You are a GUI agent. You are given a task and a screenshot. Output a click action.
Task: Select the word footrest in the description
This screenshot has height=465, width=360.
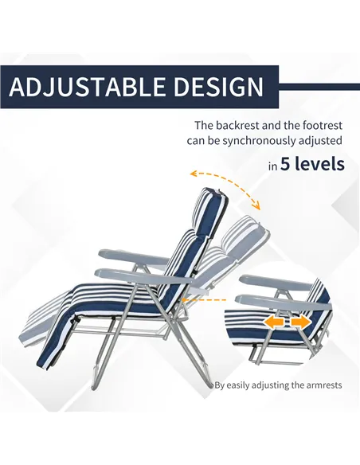(321, 126)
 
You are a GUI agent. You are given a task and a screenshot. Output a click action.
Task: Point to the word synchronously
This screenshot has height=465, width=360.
(256, 141)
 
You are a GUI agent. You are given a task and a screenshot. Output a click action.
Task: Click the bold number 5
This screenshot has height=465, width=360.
(287, 165)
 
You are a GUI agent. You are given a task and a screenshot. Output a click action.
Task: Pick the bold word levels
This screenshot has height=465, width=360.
(321, 165)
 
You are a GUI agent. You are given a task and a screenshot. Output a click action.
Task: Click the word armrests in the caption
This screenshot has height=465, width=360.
(320, 385)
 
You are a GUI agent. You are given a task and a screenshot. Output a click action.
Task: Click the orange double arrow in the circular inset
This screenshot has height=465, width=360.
(288, 322)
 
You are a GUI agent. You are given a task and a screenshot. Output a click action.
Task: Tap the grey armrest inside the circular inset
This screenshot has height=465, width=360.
(279, 283)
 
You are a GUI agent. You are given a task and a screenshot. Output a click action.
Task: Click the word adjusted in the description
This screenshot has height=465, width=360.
(318, 141)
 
